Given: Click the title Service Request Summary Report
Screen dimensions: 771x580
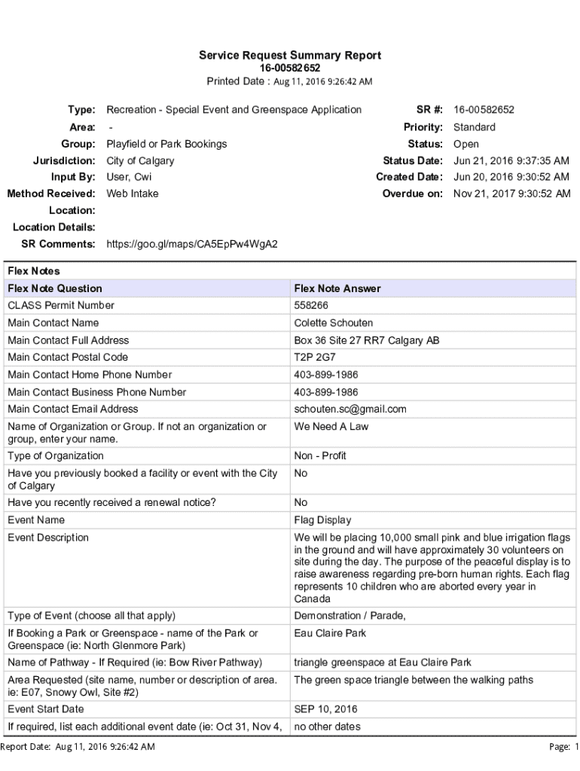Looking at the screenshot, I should point(290,55).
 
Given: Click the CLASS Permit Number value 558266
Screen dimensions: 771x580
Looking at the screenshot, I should point(311,306).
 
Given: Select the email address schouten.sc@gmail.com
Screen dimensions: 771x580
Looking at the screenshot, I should point(350,410).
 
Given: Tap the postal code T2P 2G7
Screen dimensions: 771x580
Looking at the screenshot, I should point(316,358).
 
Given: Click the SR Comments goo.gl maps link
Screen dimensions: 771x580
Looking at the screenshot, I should point(192,244).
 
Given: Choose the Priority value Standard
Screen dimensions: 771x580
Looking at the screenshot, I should point(475,127).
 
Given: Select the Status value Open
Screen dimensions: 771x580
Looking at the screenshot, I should point(466,145).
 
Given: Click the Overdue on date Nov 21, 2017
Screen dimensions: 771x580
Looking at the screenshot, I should point(511,194).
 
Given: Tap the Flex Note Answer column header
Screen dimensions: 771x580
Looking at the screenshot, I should point(337,288).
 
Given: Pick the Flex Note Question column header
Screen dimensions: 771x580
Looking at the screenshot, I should point(55,288).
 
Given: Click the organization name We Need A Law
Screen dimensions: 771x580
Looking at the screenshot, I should point(331,427).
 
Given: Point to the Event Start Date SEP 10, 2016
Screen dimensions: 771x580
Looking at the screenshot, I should point(325,709).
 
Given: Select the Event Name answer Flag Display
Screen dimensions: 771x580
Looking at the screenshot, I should point(322,520).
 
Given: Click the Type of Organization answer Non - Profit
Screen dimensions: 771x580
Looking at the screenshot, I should point(320,456).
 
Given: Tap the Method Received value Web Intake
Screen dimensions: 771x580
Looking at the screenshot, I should point(133,194).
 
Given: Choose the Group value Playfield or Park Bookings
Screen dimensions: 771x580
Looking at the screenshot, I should point(166,145).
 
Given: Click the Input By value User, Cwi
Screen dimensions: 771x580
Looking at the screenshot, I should point(129,178).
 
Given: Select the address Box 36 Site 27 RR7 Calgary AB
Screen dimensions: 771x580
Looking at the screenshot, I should point(367,340).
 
